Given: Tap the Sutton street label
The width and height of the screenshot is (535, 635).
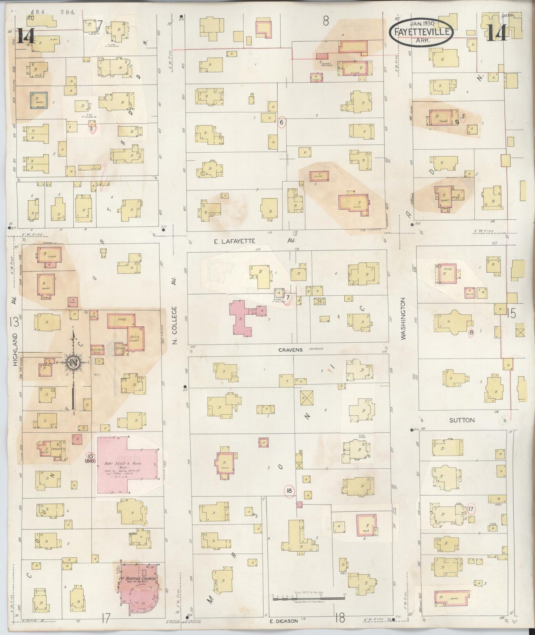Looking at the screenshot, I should click(x=462, y=420).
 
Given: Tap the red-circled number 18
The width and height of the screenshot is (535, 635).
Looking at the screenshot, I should click(x=289, y=491).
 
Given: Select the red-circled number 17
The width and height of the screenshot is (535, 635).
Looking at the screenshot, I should click(x=471, y=509).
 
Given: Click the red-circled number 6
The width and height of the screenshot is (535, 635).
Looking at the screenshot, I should click(x=282, y=122).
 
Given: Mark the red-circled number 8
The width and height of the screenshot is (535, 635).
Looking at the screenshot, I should click(x=471, y=333).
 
